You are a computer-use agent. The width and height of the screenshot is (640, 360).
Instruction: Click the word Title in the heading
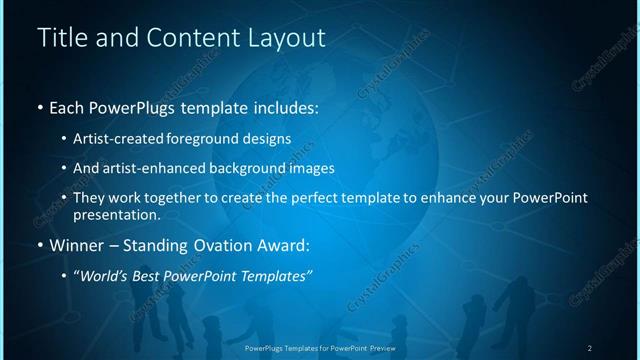tap(59, 39)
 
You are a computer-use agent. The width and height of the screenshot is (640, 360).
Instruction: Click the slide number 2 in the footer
tap(590, 347)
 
